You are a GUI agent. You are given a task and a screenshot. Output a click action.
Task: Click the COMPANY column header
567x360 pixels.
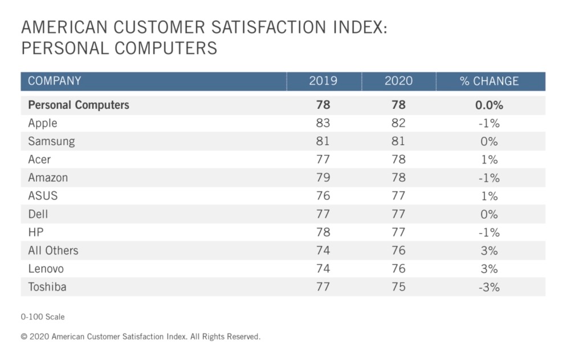(55, 81)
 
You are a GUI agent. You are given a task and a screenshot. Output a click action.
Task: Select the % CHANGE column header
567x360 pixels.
(490, 81)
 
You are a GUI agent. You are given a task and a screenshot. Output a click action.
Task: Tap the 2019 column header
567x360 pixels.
(323, 81)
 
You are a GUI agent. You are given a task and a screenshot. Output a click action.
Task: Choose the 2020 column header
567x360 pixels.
(398, 81)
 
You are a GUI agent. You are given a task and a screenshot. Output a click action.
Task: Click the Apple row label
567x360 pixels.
(43, 123)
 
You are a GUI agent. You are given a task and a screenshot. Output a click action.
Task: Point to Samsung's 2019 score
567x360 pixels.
(323, 141)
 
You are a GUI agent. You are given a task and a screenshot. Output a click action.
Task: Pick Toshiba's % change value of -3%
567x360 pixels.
(489, 287)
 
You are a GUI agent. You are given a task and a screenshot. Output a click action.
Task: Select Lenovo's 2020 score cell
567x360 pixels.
(398, 269)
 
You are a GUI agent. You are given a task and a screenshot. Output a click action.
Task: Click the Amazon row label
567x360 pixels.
(48, 178)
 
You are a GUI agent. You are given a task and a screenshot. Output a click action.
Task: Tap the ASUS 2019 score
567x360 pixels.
(323, 196)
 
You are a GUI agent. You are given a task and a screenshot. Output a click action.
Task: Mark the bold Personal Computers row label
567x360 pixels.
(79, 105)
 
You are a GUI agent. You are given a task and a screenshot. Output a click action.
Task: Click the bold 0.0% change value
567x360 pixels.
(490, 105)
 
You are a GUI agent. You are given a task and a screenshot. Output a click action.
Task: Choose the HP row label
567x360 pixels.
(36, 232)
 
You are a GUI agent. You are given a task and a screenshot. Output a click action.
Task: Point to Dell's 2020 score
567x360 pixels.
(398, 214)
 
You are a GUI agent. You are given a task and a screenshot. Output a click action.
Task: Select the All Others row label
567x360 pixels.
(53, 251)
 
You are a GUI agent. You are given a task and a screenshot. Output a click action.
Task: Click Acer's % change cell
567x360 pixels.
(489, 159)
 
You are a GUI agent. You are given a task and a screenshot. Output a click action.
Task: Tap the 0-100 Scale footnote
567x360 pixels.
(43, 316)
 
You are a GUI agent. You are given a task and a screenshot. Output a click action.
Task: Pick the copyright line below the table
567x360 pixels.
(141, 337)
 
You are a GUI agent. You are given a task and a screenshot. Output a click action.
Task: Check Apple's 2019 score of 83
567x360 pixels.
(323, 123)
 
